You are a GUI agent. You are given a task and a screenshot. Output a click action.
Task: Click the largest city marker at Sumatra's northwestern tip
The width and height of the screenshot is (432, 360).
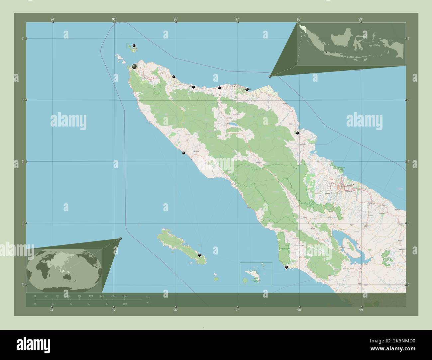click(134, 67)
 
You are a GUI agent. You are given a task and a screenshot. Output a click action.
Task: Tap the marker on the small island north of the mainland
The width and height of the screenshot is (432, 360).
click(134, 46)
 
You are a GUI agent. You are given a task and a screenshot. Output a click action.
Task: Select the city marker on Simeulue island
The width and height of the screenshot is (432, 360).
click(199, 255)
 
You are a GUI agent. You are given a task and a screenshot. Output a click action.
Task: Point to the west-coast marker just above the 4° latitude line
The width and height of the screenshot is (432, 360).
click(183, 153)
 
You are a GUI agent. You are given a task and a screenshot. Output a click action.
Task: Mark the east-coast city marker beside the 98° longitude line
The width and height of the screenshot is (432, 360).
click(298, 133)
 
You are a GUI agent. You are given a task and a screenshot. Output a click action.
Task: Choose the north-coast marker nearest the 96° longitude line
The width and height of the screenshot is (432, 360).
click(173, 77)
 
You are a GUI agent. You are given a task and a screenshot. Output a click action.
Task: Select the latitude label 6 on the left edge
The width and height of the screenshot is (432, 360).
click(22, 39)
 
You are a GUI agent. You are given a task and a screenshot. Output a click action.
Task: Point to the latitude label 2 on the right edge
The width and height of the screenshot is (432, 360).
click(409, 285)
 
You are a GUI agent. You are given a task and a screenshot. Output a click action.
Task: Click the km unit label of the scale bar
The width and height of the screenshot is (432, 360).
click(148, 297)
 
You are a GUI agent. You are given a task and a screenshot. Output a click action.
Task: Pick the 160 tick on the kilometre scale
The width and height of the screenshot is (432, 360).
click(124, 296)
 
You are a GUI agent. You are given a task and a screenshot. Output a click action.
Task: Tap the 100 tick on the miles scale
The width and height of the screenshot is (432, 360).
click(125, 304)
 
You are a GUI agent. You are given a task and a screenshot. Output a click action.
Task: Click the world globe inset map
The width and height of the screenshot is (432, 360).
click(64, 270)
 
